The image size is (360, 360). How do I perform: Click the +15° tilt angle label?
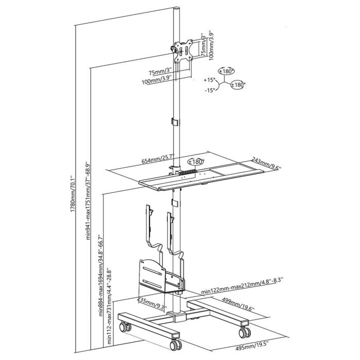(x=209, y=80)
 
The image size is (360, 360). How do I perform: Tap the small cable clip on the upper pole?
(x=173, y=122)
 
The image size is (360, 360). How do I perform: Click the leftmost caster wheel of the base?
(x=124, y=326)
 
